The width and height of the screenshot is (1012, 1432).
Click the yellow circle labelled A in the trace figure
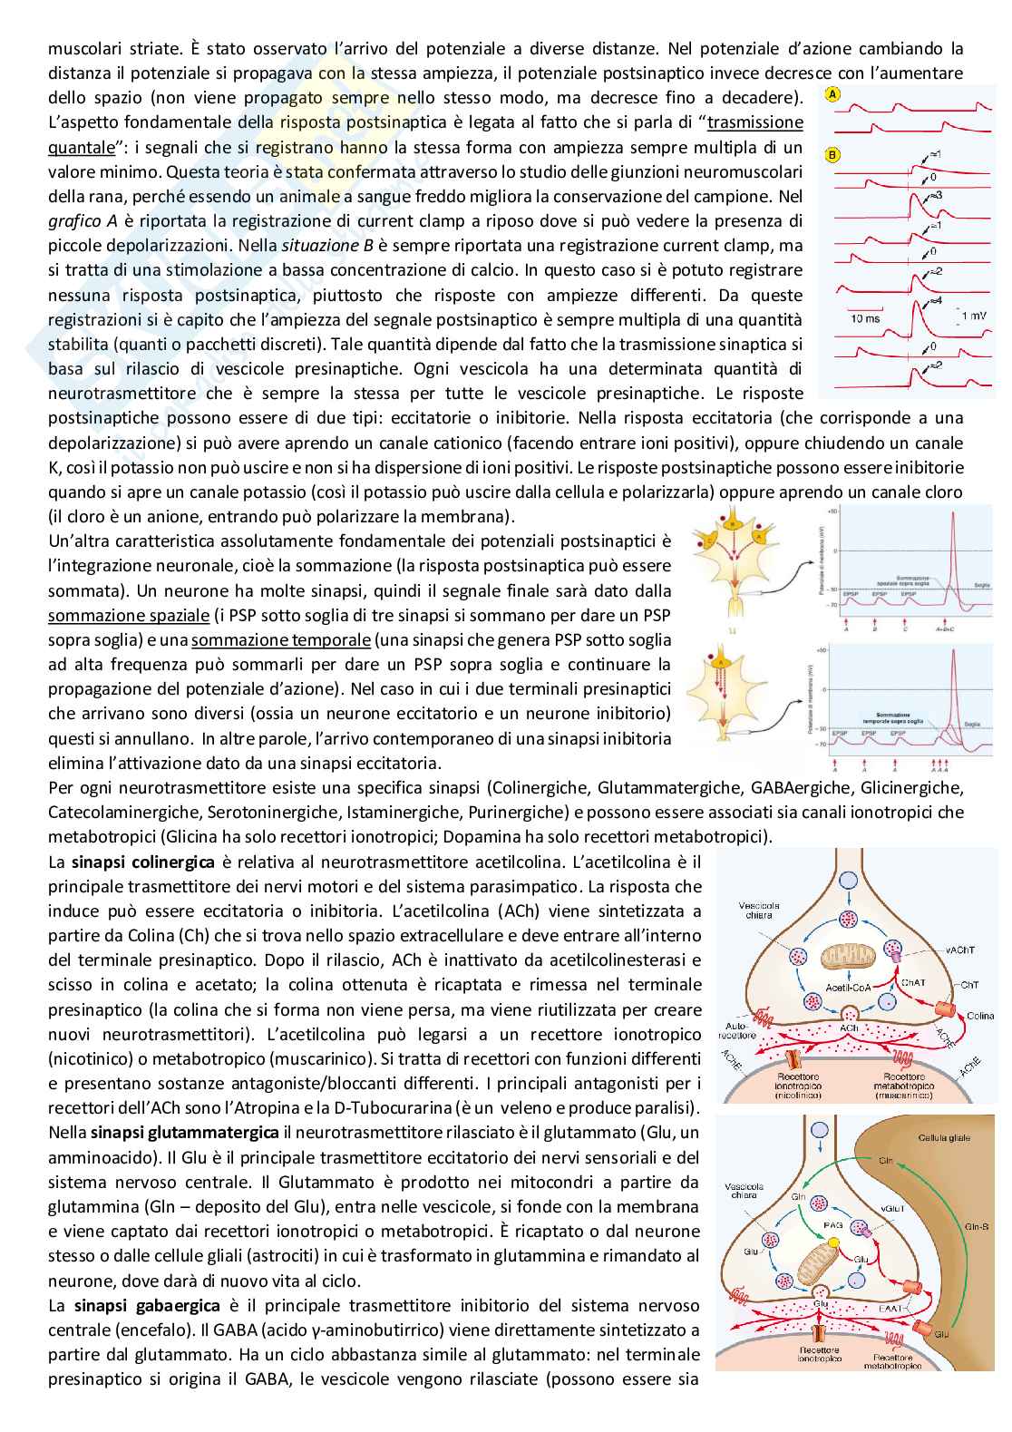(832, 93)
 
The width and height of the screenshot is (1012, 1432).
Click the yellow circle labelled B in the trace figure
(832, 154)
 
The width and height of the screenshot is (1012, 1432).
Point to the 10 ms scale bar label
(865, 319)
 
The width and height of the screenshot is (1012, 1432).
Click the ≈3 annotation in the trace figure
(936, 195)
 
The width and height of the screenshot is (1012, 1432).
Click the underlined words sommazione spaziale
(128, 615)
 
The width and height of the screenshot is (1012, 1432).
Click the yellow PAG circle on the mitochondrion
(831, 1225)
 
